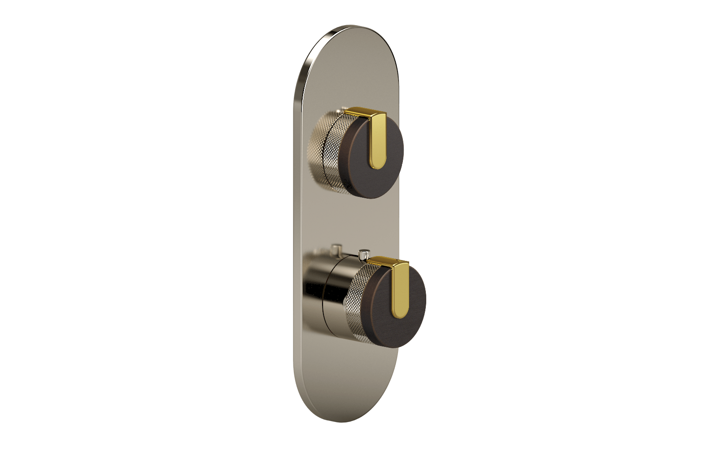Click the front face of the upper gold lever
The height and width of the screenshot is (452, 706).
[x=377, y=141]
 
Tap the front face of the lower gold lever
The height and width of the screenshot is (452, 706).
[x=401, y=291]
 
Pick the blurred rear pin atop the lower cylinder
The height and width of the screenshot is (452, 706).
[x=337, y=249]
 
